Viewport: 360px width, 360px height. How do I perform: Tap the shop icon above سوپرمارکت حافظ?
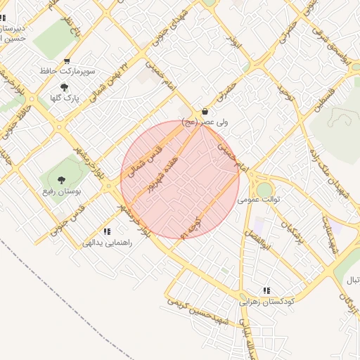(x=67, y=61)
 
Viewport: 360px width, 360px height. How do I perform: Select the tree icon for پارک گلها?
(x=65, y=88)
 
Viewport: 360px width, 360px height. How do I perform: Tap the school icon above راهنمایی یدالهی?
(x=107, y=231)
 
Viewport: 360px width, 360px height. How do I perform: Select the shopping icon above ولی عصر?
(x=205, y=111)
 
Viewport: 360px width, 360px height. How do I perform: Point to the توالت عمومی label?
(x=259, y=200)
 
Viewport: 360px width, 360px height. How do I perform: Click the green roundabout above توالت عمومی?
(x=264, y=188)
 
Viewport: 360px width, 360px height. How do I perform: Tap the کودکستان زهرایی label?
(x=267, y=301)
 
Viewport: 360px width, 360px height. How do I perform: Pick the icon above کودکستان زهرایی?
(x=266, y=290)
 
